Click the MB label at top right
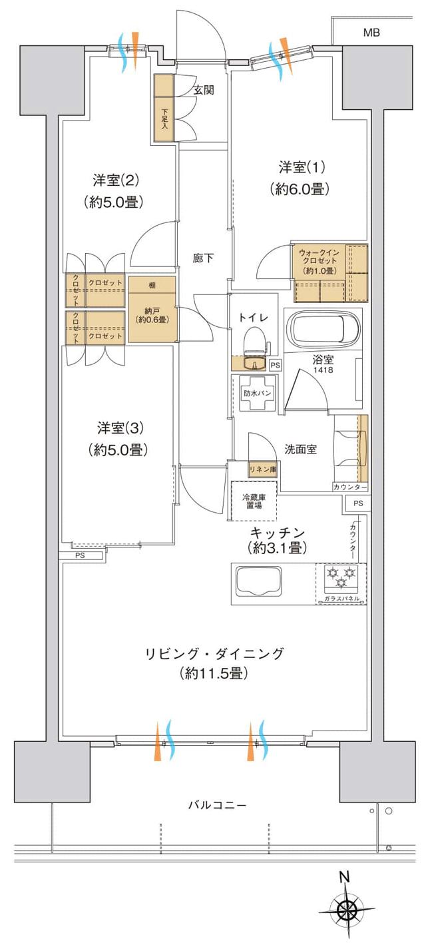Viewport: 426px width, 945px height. coord(371,33)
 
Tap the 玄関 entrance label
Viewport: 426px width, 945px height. coord(204,91)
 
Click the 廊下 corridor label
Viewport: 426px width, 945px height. coord(204,258)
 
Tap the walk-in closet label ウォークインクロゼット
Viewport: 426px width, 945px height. coord(319,261)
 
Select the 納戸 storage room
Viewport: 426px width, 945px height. coord(152,314)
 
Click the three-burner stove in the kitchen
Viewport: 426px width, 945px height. coord(341,577)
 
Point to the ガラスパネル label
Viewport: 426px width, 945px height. coord(342,599)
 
